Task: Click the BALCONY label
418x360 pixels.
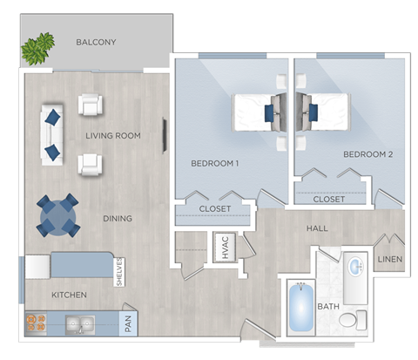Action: (96, 42)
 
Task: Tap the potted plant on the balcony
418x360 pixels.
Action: (37, 48)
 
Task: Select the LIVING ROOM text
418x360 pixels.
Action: (113, 135)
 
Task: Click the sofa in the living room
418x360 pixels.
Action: (51, 133)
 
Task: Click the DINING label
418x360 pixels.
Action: (117, 218)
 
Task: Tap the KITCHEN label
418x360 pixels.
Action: (69, 295)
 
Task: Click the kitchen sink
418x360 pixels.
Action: (81, 325)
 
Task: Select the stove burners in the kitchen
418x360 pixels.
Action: (37, 324)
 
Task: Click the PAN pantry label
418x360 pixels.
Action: (127, 325)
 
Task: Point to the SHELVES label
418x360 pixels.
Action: (120, 270)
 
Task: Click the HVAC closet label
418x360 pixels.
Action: (222, 248)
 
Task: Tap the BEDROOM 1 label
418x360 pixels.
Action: (215, 163)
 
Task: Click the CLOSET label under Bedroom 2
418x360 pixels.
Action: (328, 199)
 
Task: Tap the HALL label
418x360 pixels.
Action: (317, 228)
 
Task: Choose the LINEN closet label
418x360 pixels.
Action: (388, 259)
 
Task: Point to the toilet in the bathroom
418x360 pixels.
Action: (348, 320)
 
